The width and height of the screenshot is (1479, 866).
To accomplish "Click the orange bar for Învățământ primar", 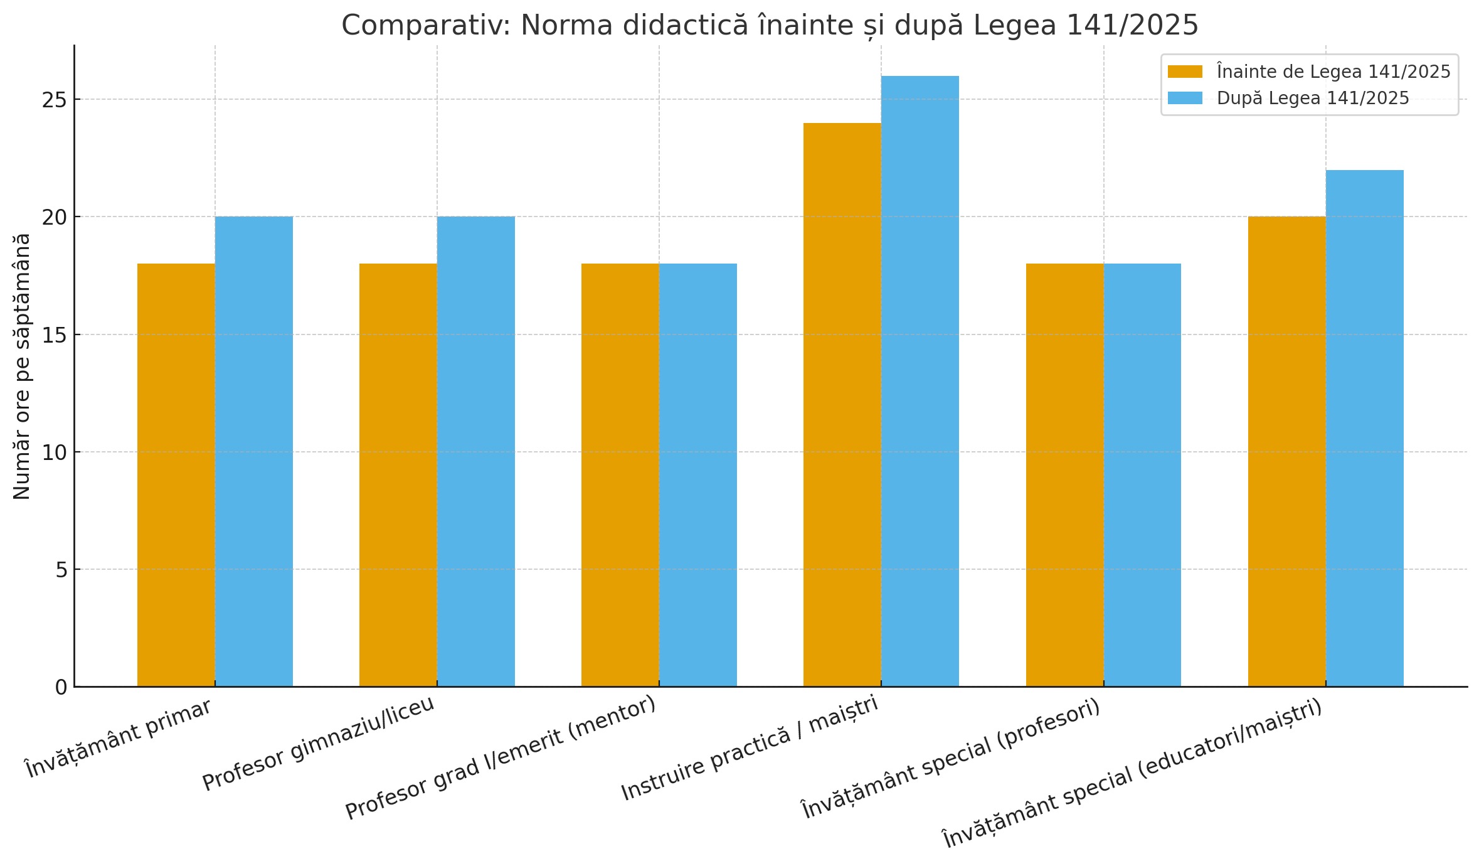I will tap(176, 475).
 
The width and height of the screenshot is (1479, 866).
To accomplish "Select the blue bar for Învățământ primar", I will tap(254, 452).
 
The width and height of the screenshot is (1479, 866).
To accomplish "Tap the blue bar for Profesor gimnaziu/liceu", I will tap(476, 452).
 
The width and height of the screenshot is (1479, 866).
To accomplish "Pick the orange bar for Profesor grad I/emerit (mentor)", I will tap(620, 475).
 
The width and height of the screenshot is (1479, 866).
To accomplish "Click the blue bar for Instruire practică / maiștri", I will tap(920, 382).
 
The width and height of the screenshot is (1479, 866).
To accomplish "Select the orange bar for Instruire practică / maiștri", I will tap(842, 405).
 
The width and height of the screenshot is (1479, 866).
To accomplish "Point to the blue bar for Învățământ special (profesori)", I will tap(1142, 475).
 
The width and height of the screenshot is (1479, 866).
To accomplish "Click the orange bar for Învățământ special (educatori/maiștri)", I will tap(1287, 452).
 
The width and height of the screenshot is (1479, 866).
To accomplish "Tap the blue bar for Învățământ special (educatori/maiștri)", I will tap(1365, 429).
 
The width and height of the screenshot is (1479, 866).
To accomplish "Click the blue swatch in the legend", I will tap(1185, 99).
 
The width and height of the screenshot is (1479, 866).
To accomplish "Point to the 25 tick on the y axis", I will tap(55, 100).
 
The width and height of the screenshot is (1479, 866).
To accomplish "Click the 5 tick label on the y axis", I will tap(61, 570).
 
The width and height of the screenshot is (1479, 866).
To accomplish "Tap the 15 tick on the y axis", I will tap(55, 335).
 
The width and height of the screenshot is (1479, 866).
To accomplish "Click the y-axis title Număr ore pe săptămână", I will tap(22, 366).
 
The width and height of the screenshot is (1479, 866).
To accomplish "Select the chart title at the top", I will tap(770, 26).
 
